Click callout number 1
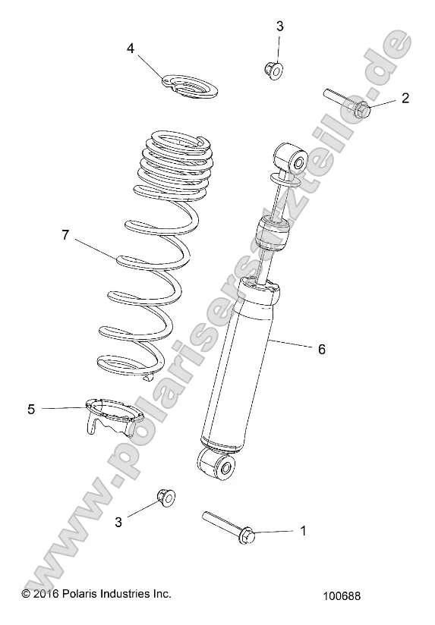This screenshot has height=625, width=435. (x=304, y=531)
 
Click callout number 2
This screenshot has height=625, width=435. (x=405, y=98)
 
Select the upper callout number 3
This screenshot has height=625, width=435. (x=279, y=27)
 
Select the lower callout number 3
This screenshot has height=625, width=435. (x=119, y=521)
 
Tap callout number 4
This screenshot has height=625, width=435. (x=131, y=49)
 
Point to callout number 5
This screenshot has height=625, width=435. (x=31, y=409)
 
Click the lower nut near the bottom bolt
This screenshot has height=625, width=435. (x=165, y=498)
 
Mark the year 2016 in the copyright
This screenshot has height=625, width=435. (x=45, y=593)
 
